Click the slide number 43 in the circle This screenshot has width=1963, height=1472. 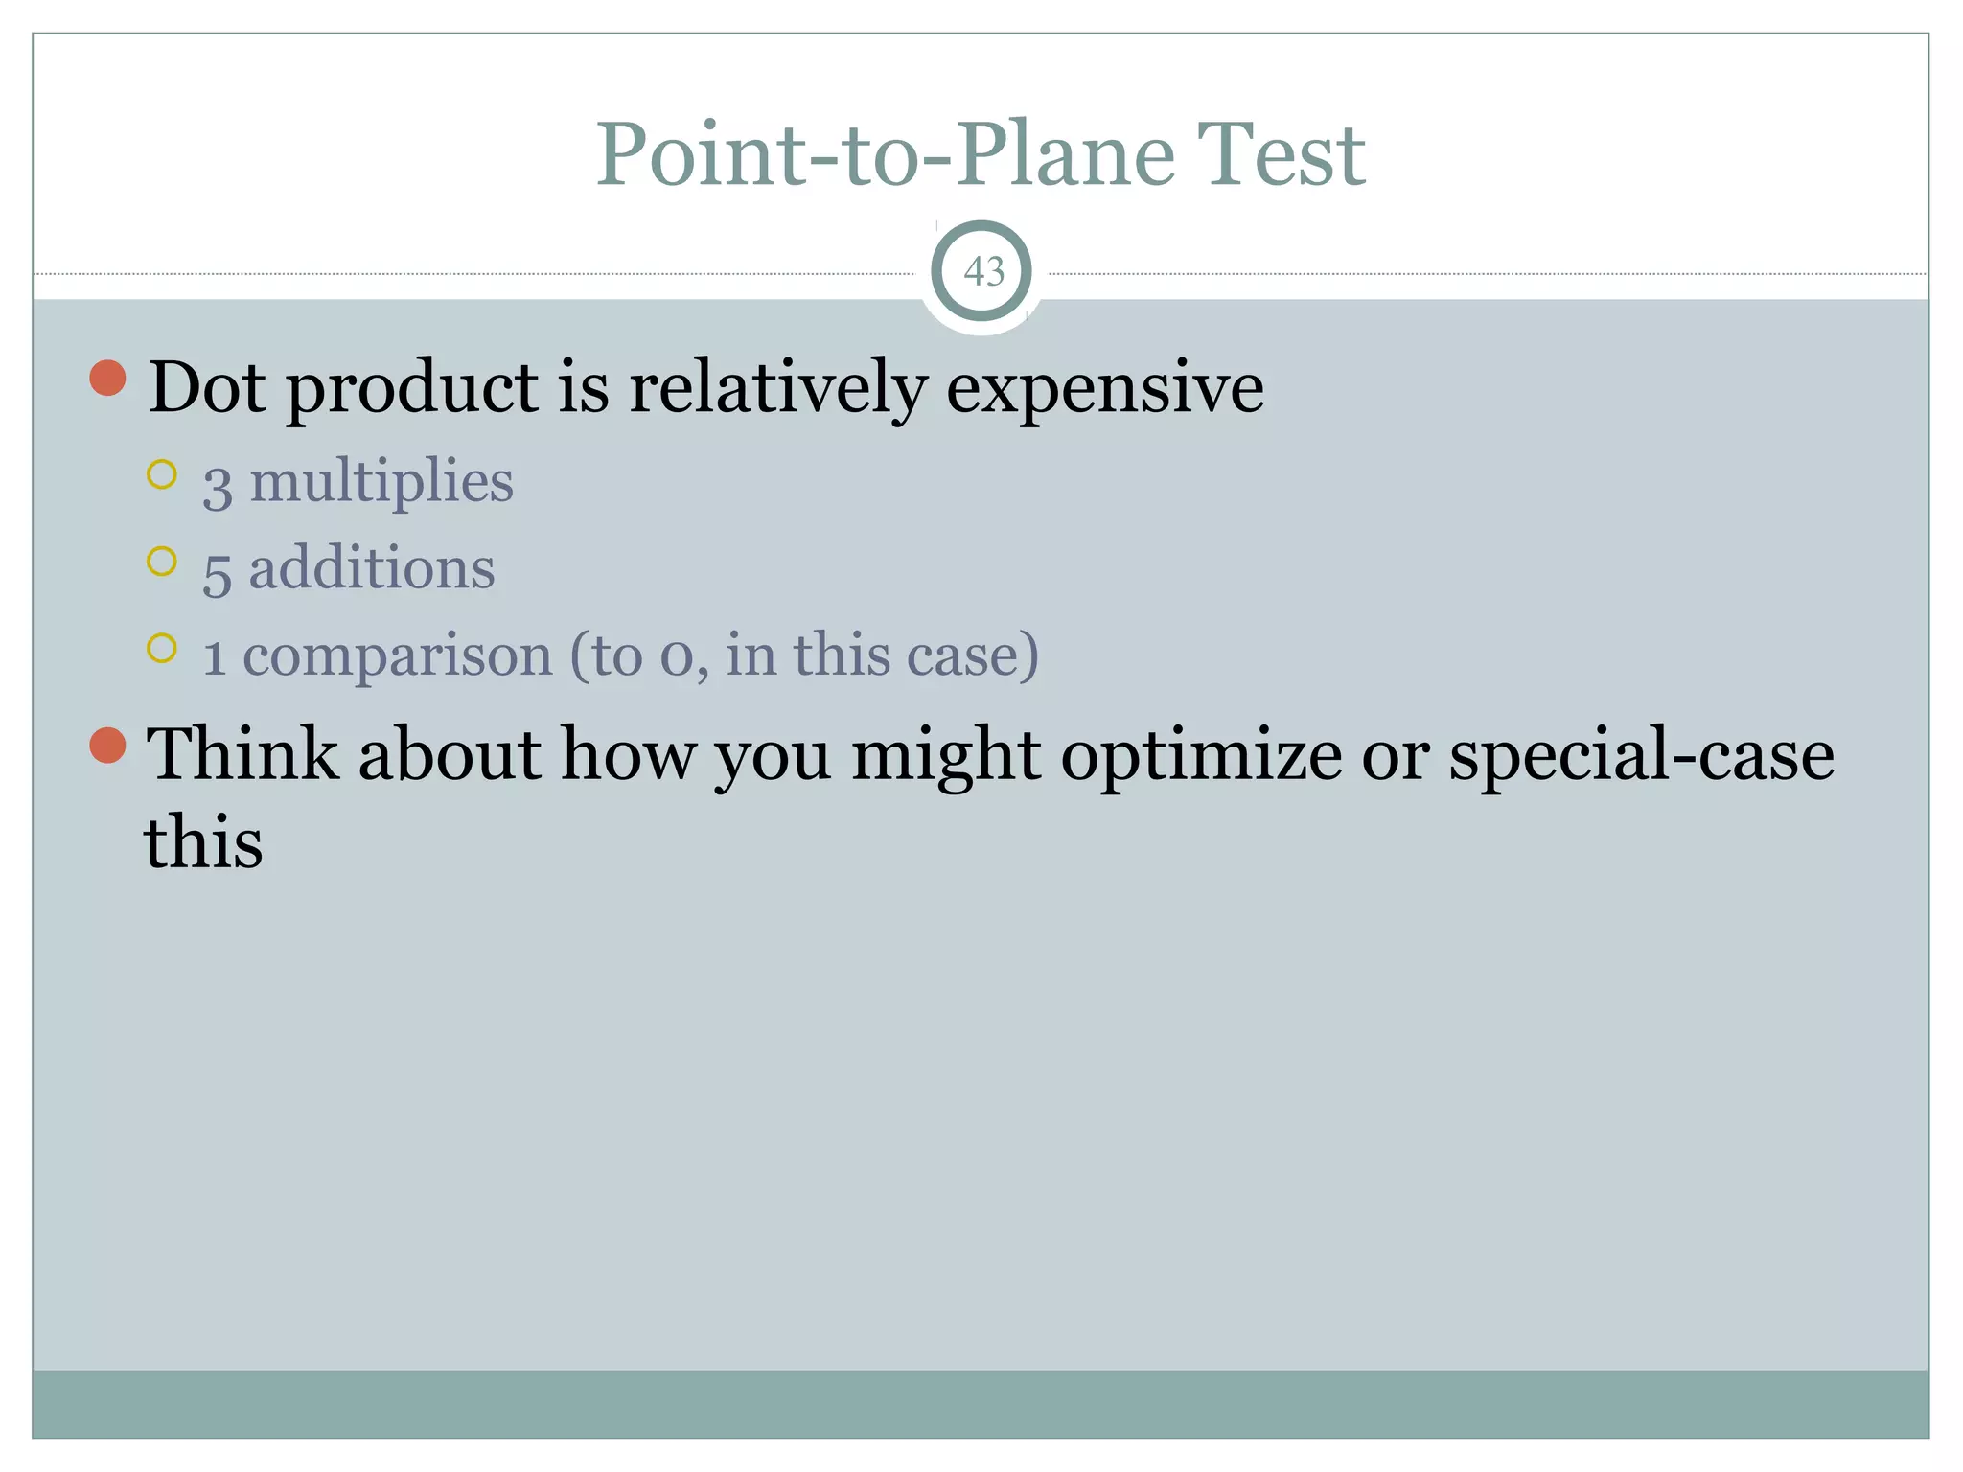coord(983,272)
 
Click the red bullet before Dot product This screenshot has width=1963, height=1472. coord(108,379)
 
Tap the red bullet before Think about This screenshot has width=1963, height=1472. coord(108,746)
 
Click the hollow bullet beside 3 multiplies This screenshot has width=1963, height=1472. coord(162,474)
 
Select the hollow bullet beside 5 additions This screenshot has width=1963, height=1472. coord(162,562)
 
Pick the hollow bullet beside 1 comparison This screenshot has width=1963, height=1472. coord(162,649)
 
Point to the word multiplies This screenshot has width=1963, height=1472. coord(381,481)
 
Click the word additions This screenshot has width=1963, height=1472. coord(372,568)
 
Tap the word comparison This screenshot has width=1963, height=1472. coord(398,656)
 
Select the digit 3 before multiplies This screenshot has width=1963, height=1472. coord(217,486)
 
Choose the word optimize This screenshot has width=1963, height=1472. coord(1202,756)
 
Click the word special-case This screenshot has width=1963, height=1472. coord(1641,756)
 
